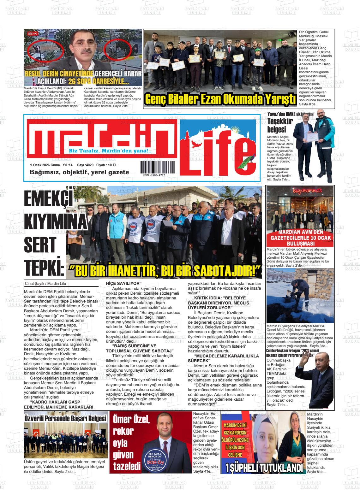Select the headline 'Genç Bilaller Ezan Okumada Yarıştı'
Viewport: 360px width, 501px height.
click(220, 99)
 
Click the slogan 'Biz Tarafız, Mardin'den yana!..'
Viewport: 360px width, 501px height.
click(110, 151)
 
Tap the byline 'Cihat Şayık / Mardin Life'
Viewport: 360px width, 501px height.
click(45, 283)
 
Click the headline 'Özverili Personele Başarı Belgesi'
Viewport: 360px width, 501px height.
click(65, 419)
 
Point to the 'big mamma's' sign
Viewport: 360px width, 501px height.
click(300, 191)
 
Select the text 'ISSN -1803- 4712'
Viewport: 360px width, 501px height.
click(153, 175)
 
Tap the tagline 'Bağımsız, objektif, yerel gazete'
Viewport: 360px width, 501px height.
click(79, 172)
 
